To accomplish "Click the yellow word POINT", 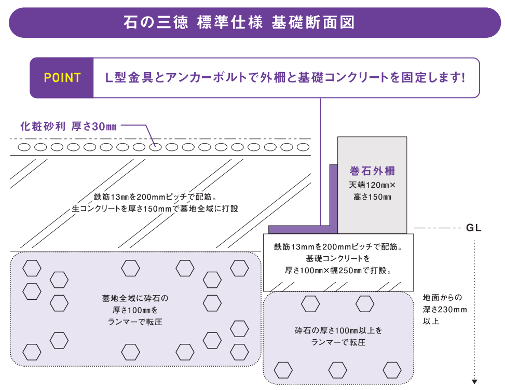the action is point(62,78).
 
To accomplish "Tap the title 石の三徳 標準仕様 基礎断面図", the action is point(239,22).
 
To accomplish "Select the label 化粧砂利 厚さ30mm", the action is point(69,126).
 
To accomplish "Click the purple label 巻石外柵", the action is point(372,171).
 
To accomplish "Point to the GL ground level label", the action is point(473,228).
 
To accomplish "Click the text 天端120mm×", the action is point(372,185).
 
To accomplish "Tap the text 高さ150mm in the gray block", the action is point(372,197).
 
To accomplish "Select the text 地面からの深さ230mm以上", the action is point(445,309).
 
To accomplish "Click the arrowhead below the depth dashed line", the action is point(474,382).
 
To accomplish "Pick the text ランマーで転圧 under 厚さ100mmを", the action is point(135,322).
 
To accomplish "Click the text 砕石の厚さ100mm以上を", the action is point(338,330).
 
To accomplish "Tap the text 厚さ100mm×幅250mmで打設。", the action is point(338,270).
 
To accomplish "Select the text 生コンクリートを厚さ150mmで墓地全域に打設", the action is point(155,208).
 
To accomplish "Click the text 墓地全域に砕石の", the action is point(135,298).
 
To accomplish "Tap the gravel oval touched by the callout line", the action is point(155,147).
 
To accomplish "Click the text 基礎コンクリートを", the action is point(338,258).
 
